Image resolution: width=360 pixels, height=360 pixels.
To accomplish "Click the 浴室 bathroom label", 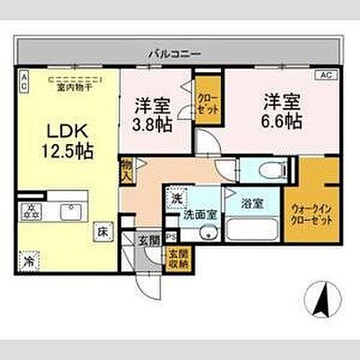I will pos(251,204).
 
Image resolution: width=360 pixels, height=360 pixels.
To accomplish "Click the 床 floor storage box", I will pos(103,233).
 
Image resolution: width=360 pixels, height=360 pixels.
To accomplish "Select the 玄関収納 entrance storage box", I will pos(176,257).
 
